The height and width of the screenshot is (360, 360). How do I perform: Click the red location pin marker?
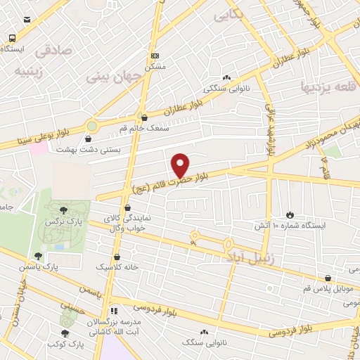click(x=180, y=165)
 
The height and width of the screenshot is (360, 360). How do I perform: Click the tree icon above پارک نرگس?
click(x=64, y=210)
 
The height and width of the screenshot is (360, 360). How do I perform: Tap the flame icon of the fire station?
click(x=290, y=214)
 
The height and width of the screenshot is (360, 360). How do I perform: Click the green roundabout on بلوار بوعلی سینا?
click(x=91, y=127)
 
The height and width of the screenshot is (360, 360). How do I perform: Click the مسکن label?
click(x=155, y=67)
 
